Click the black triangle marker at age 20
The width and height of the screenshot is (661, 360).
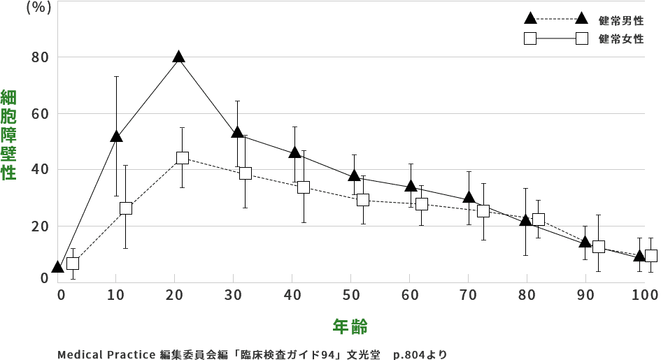tap(179, 57)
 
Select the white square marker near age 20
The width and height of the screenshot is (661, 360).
tap(183, 158)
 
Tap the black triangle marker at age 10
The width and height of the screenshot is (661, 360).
tap(116, 136)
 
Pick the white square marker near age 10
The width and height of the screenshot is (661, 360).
tap(126, 208)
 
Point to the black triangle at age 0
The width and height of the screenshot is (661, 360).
tap(58, 267)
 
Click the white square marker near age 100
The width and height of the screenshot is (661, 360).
tap(651, 256)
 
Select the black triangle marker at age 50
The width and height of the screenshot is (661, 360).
tap(355, 175)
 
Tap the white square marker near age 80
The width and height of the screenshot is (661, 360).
tap(538, 219)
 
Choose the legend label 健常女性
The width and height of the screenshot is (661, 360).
tap(621, 38)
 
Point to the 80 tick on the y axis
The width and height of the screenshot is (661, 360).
tap(40, 57)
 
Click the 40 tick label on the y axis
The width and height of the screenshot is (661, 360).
tap(40, 170)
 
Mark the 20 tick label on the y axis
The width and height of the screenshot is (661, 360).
tap(40, 226)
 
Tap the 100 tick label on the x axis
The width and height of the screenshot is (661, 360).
tap(644, 295)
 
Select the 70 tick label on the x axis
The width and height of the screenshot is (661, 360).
tap(469, 295)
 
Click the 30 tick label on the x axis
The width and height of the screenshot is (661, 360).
tap(235, 295)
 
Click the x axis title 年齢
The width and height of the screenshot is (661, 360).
tap(350, 326)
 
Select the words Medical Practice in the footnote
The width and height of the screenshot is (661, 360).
tap(106, 354)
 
